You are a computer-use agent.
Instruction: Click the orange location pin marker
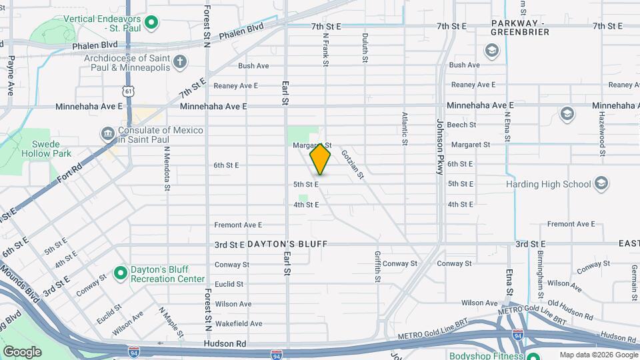coord(321,159)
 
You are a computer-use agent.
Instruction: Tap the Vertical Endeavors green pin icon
coord(151,23)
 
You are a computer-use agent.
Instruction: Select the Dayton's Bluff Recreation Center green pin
coord(120,273)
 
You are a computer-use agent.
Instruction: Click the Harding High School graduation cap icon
coord(601,184)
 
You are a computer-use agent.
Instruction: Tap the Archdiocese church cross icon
coord(179,63)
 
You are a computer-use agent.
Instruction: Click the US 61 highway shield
coord(128,90)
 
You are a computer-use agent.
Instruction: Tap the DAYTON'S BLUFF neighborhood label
coord(287,245)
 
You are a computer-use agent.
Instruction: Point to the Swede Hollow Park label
coord(47,149)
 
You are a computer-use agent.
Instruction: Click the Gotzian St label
coord(352,164)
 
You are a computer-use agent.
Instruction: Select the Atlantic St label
coord(405,128)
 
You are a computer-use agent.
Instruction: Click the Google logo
coord(22,351)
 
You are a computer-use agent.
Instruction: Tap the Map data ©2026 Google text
coord(597,355)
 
